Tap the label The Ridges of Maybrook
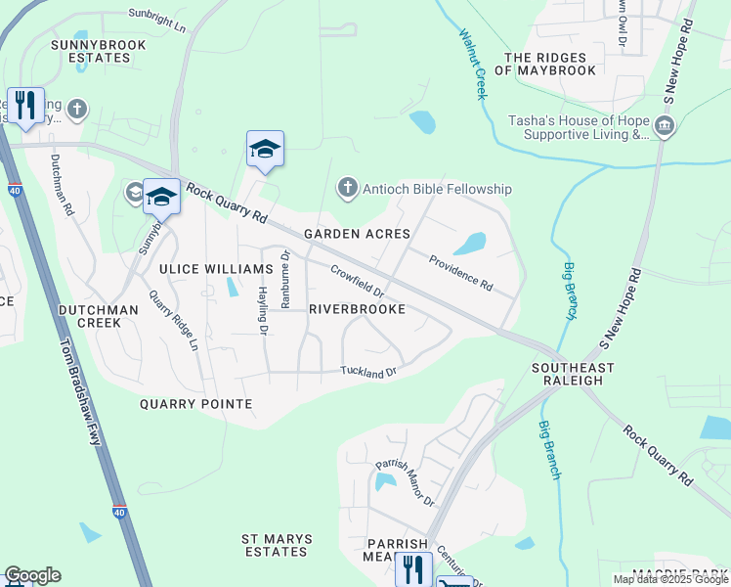pyautogui.click(x=548, y=64)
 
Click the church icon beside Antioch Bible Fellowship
pyautogui.click(x=346, y=188)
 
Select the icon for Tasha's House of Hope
pyautogui.click(x=664, y=125)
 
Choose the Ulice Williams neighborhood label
pyautogui.click(x=209, y=268)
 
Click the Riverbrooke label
pyautogui.click(x=357, y=308)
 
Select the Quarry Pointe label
pyautogui.click(x=195, y=403)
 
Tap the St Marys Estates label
pyautogui.click(x=277, y=545)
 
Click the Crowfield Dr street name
pyautogui.click(x=357, y=283)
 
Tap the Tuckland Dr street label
pyautogui.click(x=368, y=372)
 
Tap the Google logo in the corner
pyautogui.click(x=32, y=575)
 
